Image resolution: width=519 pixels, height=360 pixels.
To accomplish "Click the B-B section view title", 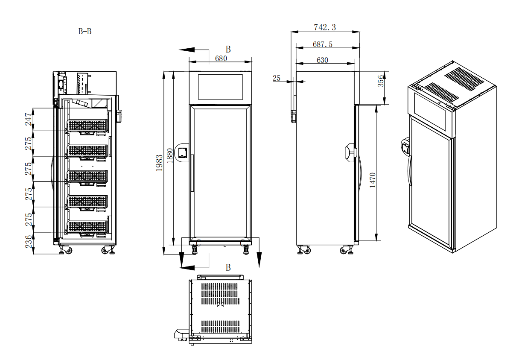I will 85,31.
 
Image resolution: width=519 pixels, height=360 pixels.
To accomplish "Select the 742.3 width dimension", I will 325,27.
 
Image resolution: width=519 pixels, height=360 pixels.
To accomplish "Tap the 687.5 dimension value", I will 323,44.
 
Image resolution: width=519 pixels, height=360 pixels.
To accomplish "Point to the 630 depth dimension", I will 322,60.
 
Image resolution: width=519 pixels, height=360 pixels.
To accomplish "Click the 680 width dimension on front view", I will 221,59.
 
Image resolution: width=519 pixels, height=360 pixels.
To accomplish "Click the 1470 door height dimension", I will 373,181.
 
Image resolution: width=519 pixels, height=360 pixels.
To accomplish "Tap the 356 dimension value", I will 381,81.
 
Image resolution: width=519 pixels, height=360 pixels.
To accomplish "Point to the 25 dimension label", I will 277,78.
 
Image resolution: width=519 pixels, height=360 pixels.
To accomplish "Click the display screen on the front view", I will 220,87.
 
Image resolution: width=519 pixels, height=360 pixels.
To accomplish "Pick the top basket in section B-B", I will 87,125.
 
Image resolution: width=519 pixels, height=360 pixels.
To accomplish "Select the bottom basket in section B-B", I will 87,227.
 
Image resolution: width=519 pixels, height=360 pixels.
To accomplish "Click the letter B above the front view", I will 228,49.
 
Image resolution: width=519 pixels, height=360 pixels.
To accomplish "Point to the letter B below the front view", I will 228,268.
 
